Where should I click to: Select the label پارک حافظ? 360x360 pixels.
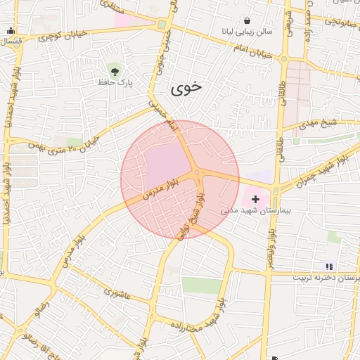(116, 82)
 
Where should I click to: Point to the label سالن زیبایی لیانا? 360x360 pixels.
(246, 32)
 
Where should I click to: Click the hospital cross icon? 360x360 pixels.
(255, 200)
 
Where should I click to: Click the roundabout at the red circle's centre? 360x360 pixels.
(197, 172)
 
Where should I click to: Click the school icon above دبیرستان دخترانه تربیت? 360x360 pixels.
(328, 266)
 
